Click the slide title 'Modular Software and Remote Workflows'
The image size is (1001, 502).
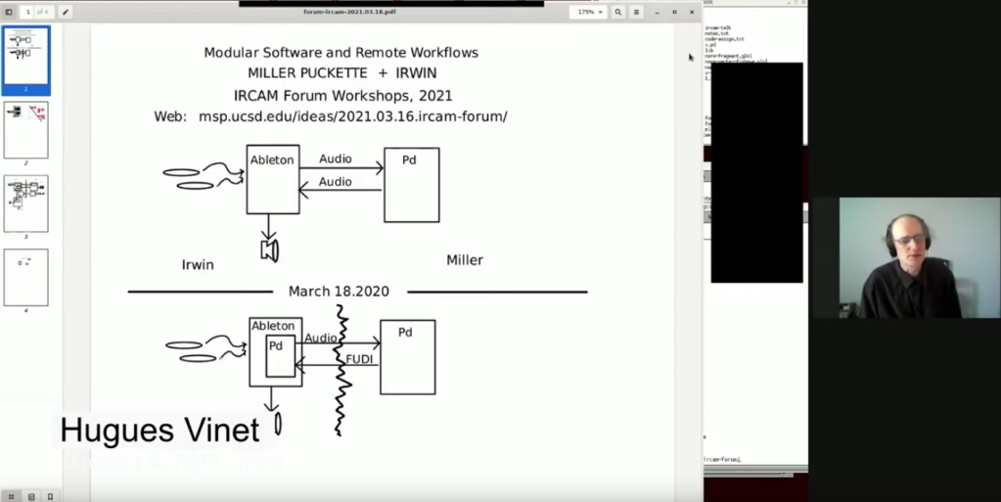341,52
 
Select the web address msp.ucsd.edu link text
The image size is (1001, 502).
352,116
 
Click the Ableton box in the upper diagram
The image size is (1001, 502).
272,179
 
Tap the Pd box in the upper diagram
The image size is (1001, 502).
411,185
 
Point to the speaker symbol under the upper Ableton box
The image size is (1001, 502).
270,251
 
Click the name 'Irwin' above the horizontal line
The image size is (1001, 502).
198,264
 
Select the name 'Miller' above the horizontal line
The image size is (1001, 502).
465,260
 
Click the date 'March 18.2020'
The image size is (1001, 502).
339,292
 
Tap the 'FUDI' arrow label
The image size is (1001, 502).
359,359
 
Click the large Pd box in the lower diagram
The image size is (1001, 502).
407,357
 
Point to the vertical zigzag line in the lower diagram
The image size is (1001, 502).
341,372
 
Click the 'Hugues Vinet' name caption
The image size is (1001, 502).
159,430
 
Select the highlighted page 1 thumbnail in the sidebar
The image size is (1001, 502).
26,57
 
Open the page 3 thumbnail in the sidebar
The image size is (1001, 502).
26,204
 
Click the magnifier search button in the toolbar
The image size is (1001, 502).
617,13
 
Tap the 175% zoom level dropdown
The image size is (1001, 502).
589,13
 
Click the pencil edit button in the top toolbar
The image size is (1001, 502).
66,12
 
